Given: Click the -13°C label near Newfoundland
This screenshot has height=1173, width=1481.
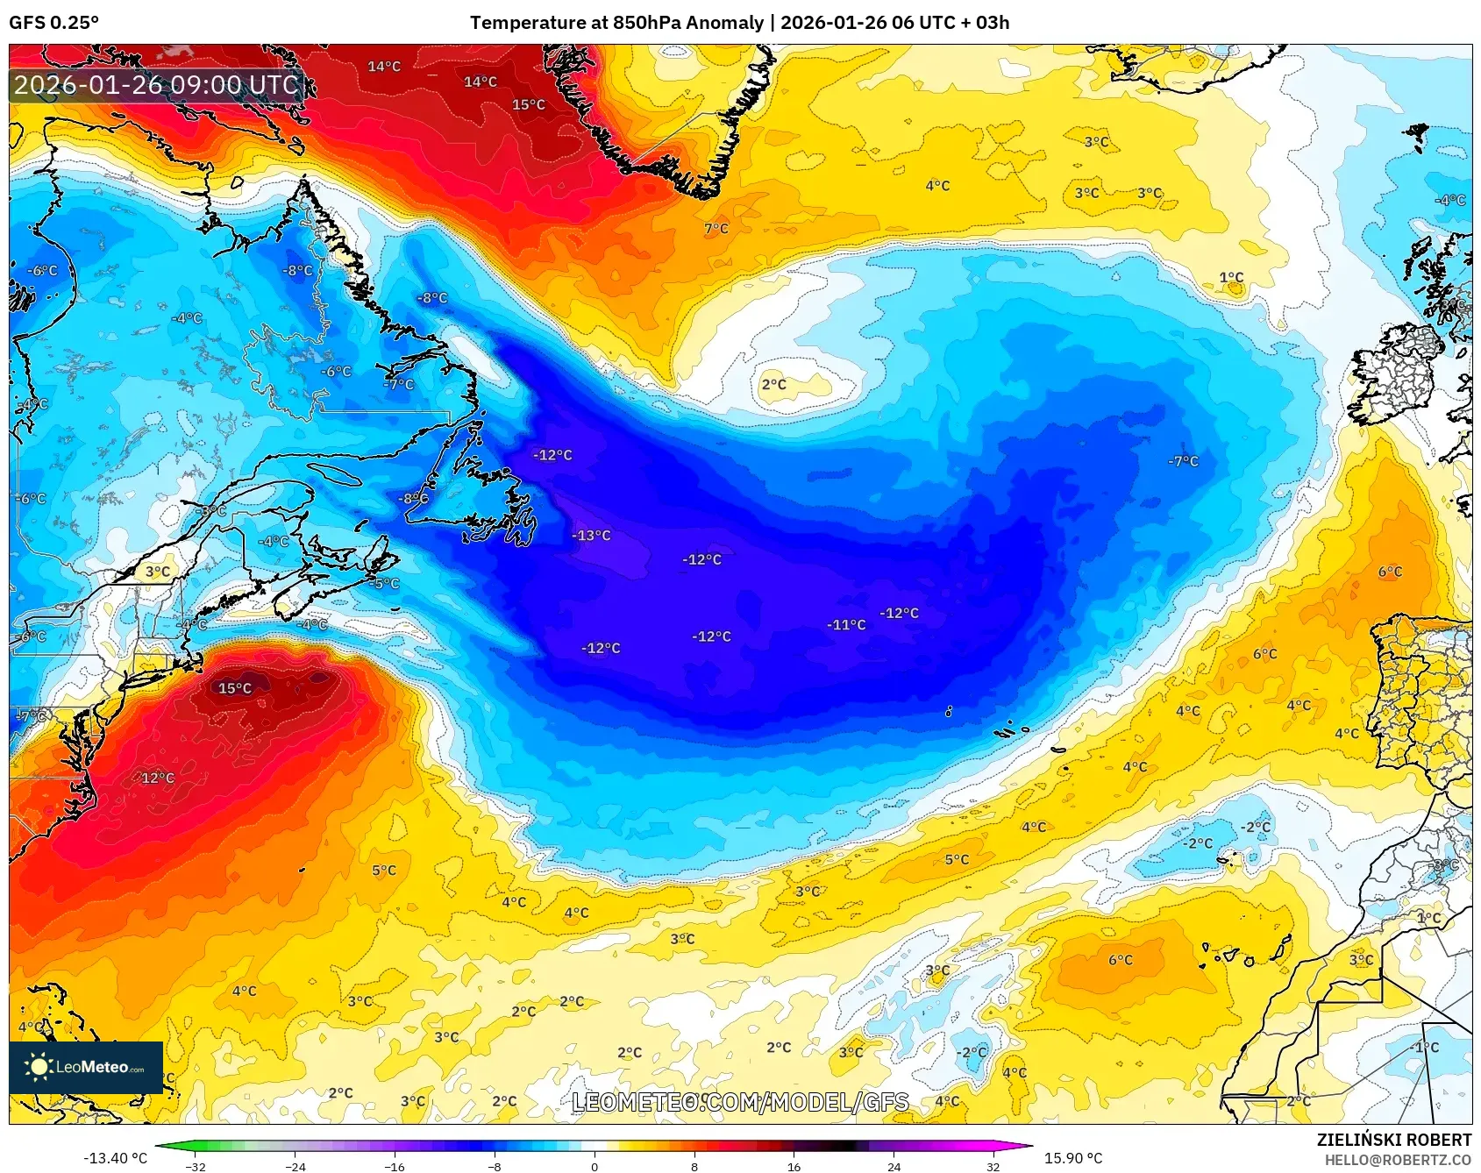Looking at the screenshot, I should click(x=591, y=535).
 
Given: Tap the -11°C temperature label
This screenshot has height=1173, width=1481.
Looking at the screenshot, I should click(x=846, y=625).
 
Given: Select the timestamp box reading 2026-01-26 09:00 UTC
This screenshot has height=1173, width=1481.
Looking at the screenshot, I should click(x=156, y=85).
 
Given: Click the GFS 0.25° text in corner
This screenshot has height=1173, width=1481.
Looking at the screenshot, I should click(x=53, y=23).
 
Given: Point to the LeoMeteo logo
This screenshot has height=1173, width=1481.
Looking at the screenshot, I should click(x=86, y=1067).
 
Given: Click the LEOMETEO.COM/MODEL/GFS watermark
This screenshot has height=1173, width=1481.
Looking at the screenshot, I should click(x=740, y=1102).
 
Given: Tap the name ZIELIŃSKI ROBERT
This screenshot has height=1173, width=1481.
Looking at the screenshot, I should click(x=1393, y=1140).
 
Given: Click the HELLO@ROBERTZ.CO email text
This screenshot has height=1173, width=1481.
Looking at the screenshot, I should click(x=1398, y=1160).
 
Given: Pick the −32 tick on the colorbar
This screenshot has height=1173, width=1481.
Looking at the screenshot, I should click(x=196, y=1166).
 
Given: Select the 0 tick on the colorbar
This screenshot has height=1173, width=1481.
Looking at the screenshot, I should click(x=595, y=1166).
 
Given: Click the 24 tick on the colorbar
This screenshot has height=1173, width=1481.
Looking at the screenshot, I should click(x=894, y=1166).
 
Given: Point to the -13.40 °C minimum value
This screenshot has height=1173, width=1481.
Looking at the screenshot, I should click(x=115, y=1158).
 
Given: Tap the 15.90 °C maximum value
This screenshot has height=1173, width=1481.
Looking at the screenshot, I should click(x=1072, y=1158).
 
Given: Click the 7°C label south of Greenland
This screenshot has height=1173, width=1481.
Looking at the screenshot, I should click(x=716, y=228).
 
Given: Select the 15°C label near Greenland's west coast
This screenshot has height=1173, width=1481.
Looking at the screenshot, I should click(x=528, y=104).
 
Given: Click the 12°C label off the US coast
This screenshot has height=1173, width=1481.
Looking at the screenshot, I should click(x=158, y=778).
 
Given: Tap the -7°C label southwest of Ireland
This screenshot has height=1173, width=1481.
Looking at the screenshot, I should click(x=1182, y=461).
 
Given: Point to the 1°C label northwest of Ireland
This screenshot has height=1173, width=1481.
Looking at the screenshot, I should click(x=1231, y=277).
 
